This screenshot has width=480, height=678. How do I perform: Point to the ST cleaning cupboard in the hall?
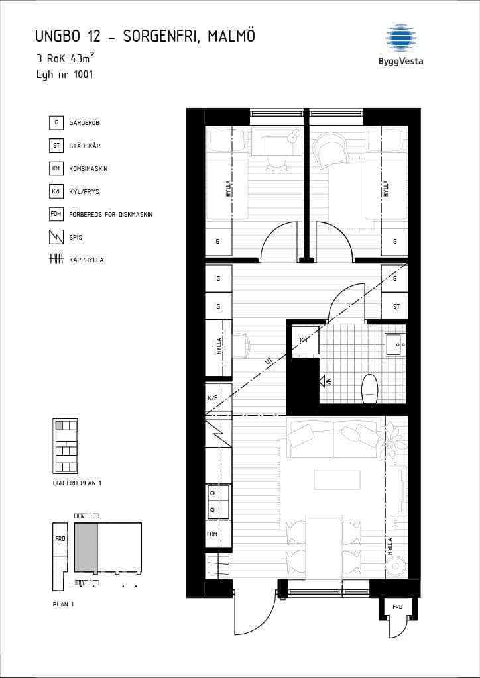click(394, 306)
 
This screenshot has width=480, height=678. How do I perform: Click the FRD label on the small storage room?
click(397, 607)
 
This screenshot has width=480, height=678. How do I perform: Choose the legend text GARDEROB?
click(84, 122)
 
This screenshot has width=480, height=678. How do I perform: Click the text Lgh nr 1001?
click(65, 74)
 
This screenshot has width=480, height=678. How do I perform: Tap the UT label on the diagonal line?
click(269, 360)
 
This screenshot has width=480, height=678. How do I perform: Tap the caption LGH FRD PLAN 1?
click(77, 483)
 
